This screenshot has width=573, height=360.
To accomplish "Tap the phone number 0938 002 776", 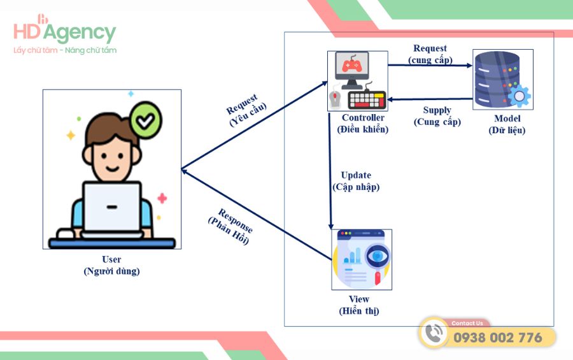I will (497, 338).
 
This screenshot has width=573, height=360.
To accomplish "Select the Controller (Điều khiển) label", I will (363, 124).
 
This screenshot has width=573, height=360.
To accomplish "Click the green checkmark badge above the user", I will (146, 121).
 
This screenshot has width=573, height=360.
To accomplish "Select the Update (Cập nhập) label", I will (356, 181).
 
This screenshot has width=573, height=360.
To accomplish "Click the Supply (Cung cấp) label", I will (437, 116).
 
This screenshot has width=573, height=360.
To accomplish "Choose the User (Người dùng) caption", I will (111, 265).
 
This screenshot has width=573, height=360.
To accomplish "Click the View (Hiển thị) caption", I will (359, 305).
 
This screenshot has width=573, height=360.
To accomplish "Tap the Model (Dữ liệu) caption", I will (507, 125).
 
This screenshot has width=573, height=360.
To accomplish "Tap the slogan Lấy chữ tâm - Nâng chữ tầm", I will (65, 50).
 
